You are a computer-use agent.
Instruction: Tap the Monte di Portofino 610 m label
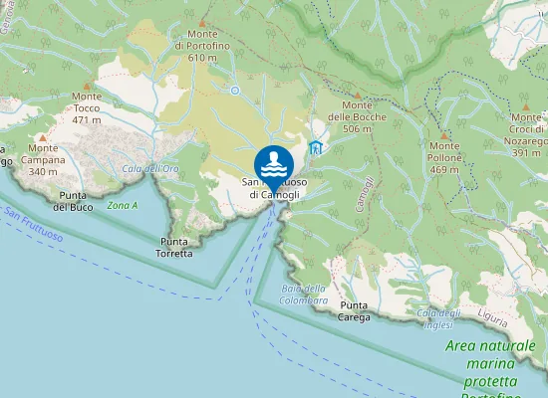(202, 46)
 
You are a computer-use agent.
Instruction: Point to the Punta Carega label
(355, 311)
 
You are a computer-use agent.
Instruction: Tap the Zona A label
(122, 205)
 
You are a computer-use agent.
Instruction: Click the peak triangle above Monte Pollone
(444, 132)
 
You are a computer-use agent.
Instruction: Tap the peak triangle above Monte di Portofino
(202, 22)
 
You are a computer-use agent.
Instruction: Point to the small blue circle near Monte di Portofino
(235, 90)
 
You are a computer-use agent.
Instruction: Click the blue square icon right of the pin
(316, 148)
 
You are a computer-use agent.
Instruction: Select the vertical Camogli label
(366, 194)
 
